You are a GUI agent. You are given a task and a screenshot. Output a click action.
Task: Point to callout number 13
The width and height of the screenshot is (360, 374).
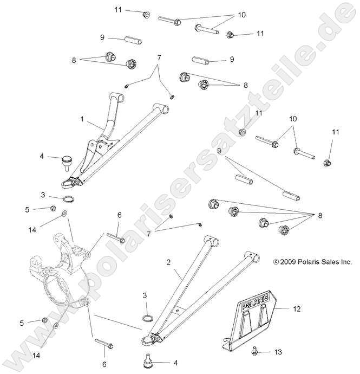pyautogui.click(x=278, y=352)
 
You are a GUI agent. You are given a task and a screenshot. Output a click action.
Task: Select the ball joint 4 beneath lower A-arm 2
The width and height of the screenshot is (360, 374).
pyautogui.click(x=146, y=360)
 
